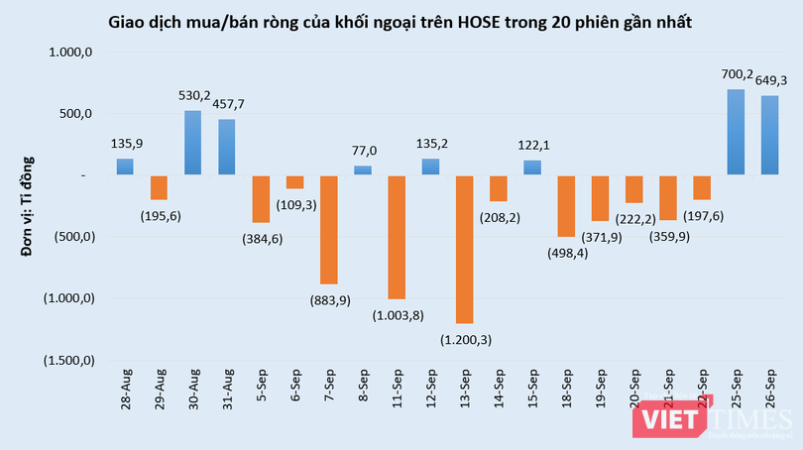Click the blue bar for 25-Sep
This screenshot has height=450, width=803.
(736, 133)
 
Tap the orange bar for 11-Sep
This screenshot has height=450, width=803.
(397, 237)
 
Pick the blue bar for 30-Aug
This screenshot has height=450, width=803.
(193, 143)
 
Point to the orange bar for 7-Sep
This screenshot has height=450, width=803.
(329, 230)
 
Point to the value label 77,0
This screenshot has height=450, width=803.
(363, 151)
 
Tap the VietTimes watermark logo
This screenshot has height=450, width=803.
(717, 420)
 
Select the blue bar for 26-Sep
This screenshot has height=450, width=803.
(769, 136)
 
